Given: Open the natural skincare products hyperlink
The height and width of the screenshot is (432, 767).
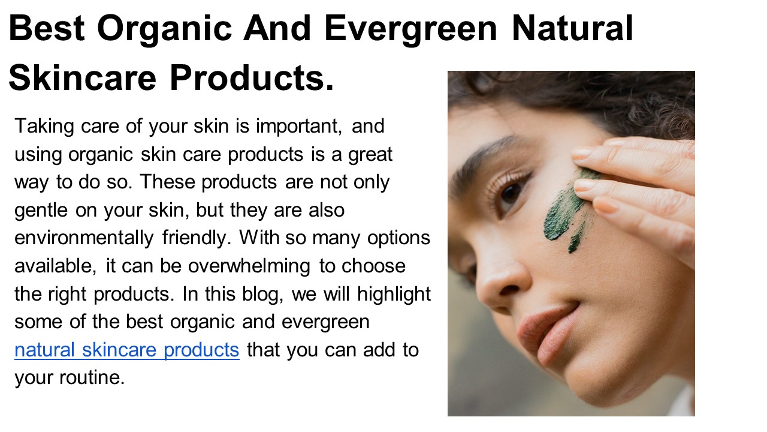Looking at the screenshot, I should click(127, 349).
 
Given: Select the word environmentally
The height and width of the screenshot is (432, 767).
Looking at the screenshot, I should click(83, 238).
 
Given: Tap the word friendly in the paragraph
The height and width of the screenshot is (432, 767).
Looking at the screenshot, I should click(197, 238).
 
